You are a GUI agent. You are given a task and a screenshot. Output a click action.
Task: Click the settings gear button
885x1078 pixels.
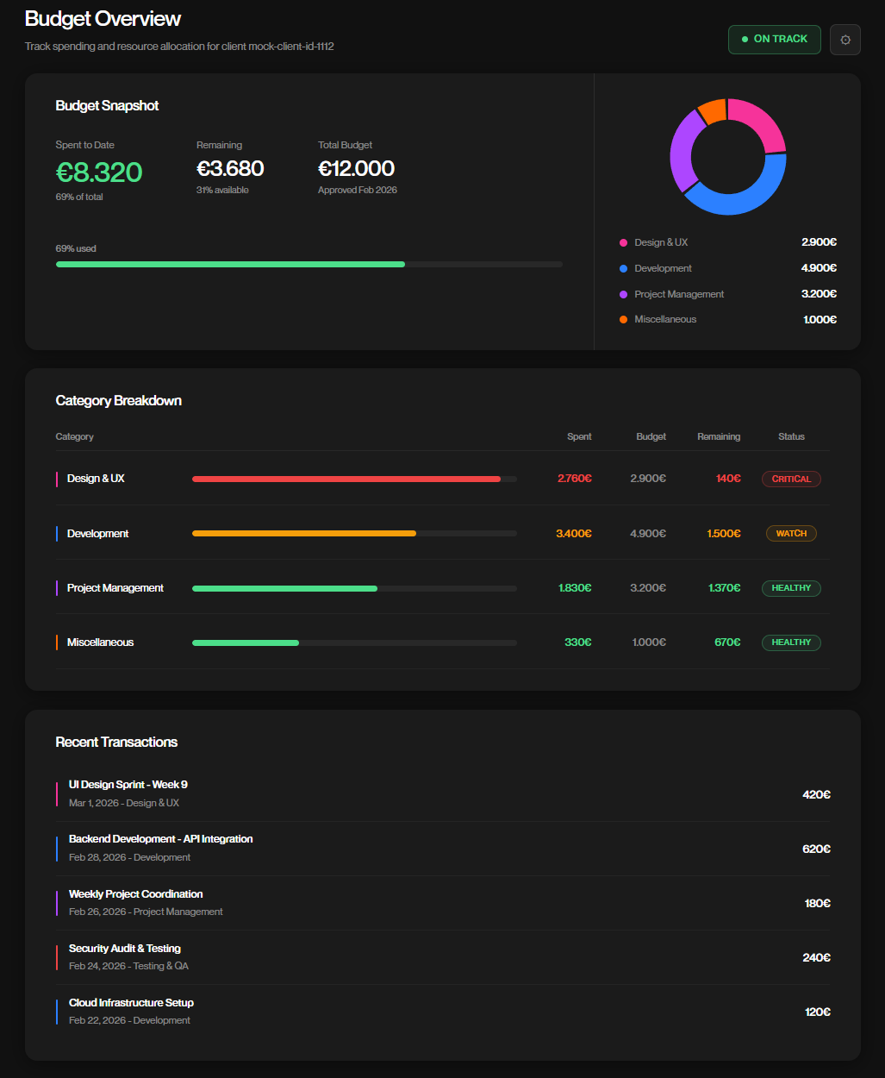pyautogui.click(x=844, y=40)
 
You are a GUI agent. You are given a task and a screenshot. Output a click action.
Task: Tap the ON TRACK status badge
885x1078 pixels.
pyautogui.click(x=774, y=40)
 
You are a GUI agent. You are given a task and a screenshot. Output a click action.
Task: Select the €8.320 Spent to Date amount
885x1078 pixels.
pyautogui.click(x=99, y=172)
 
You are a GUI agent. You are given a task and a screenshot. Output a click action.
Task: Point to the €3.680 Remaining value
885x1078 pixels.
pyautogui.click(x=230, y=169)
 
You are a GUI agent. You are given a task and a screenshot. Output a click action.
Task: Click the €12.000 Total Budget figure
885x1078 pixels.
pyautogui.click(x=356, y=169)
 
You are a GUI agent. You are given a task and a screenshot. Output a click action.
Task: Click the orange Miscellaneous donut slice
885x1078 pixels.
pyautogui.click(x=713, y=110)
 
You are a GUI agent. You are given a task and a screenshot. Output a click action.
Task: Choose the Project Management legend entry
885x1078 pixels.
pyautogui.click(x=679, y=294)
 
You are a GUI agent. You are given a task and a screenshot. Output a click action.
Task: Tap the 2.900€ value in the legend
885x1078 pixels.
pyautogui.click(x=819, y=242)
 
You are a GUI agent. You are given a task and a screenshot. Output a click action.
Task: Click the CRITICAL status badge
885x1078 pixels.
pyautogui.click(x=791, y=479)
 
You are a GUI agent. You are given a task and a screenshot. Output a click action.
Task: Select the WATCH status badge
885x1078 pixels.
pyautogui.click(x=791, y=534)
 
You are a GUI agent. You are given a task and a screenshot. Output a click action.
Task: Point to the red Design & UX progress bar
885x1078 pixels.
pyautogui.click(x=346, y=479)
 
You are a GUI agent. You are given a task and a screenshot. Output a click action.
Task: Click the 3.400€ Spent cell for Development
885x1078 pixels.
pyautogui.click(x=574, y=534)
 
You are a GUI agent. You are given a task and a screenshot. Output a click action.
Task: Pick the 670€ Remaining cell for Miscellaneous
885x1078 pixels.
pyautogui.click(x=727, y=642)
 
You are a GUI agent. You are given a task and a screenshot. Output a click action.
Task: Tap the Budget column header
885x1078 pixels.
pyautogui.click(x=651, y=436)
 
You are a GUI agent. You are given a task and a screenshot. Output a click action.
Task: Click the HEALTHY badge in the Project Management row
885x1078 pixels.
pyautogui.click(x=791, y=588)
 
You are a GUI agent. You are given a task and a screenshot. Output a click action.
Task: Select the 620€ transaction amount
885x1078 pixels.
pyautogui.click(x=816, y=849)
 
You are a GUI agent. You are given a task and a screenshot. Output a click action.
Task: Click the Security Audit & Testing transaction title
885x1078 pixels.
pyautogui.click(x=125, y=949)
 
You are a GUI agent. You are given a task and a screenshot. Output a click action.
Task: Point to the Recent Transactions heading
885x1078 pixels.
pyautogui.click(x=116, y=742)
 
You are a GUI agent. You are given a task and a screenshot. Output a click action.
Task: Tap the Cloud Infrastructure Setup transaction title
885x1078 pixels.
pyautogui.click(x=131, y=1003)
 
